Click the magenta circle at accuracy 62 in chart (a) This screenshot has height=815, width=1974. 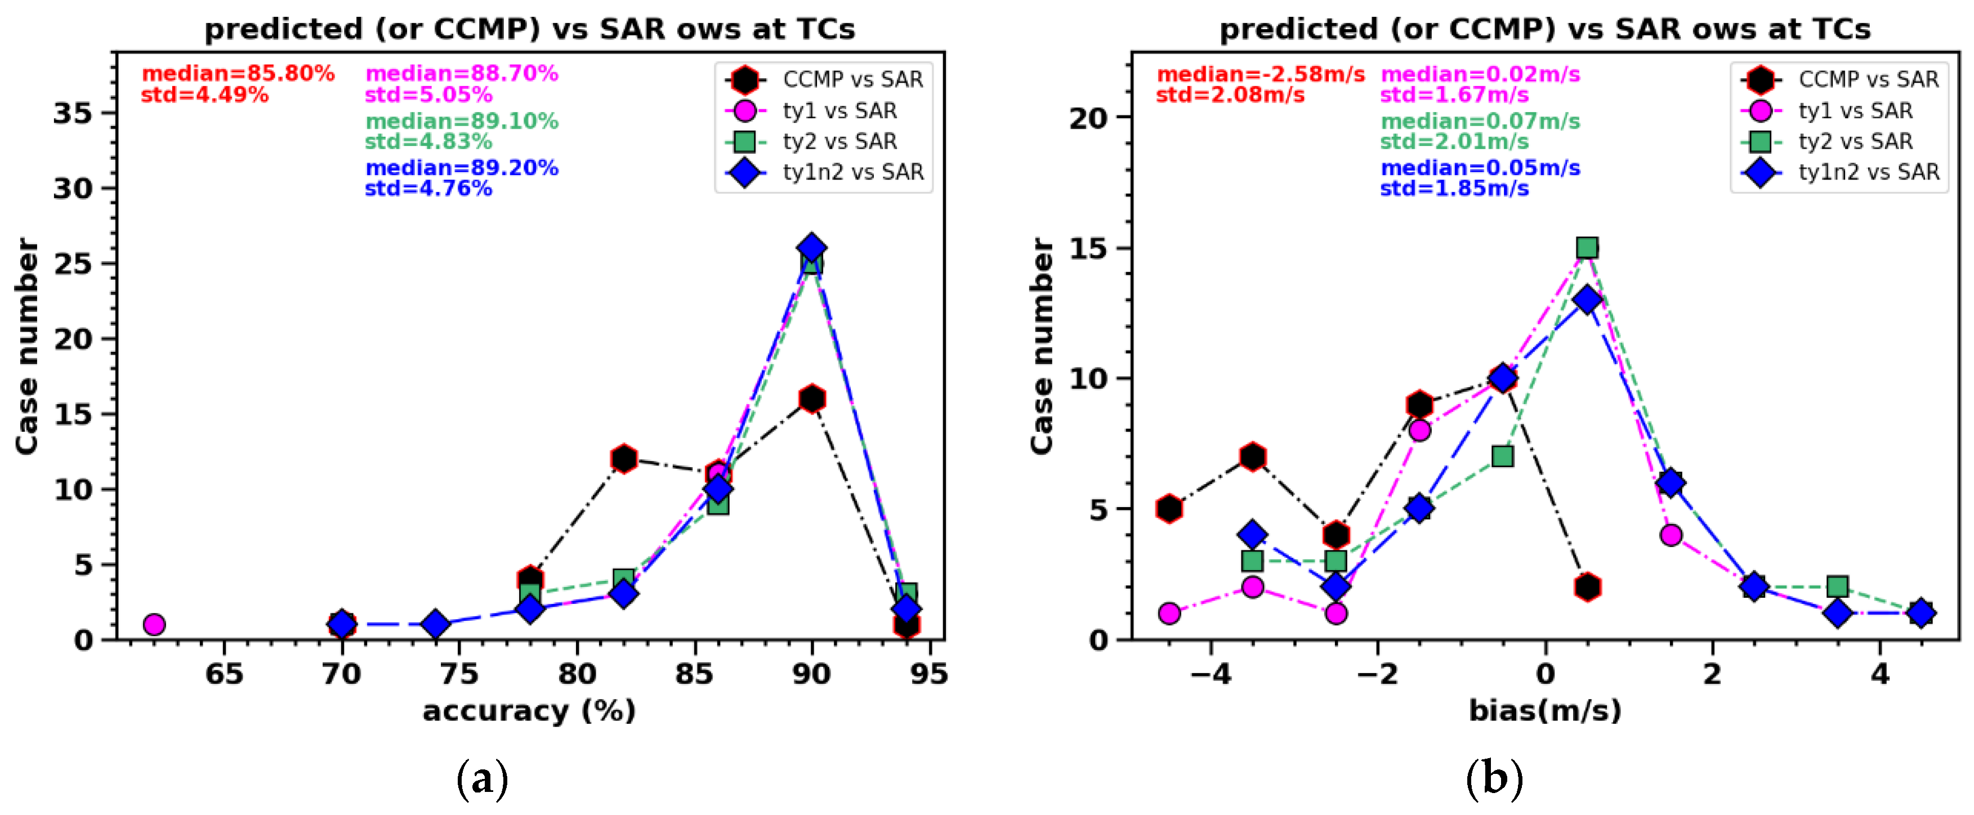coord(154,624)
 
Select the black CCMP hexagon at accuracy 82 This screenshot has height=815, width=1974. coord(624,459)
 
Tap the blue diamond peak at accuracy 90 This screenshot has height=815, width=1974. coord(811,248)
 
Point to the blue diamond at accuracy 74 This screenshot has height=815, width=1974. coord(435,624)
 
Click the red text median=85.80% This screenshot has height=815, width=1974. coord(238,74)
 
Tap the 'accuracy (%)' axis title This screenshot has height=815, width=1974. coord(529,711)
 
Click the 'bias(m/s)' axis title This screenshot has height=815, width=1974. coord(1544,711)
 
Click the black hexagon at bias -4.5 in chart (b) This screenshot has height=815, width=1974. coord(1169,509)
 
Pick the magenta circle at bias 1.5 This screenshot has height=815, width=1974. coord(1671,535)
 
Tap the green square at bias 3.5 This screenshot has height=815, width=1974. coord(1837,586)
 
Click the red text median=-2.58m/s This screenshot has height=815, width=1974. coord(1260,74)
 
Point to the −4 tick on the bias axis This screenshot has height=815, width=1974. coord(1210,674)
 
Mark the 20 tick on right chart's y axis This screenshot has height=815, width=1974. coord(1088,118)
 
